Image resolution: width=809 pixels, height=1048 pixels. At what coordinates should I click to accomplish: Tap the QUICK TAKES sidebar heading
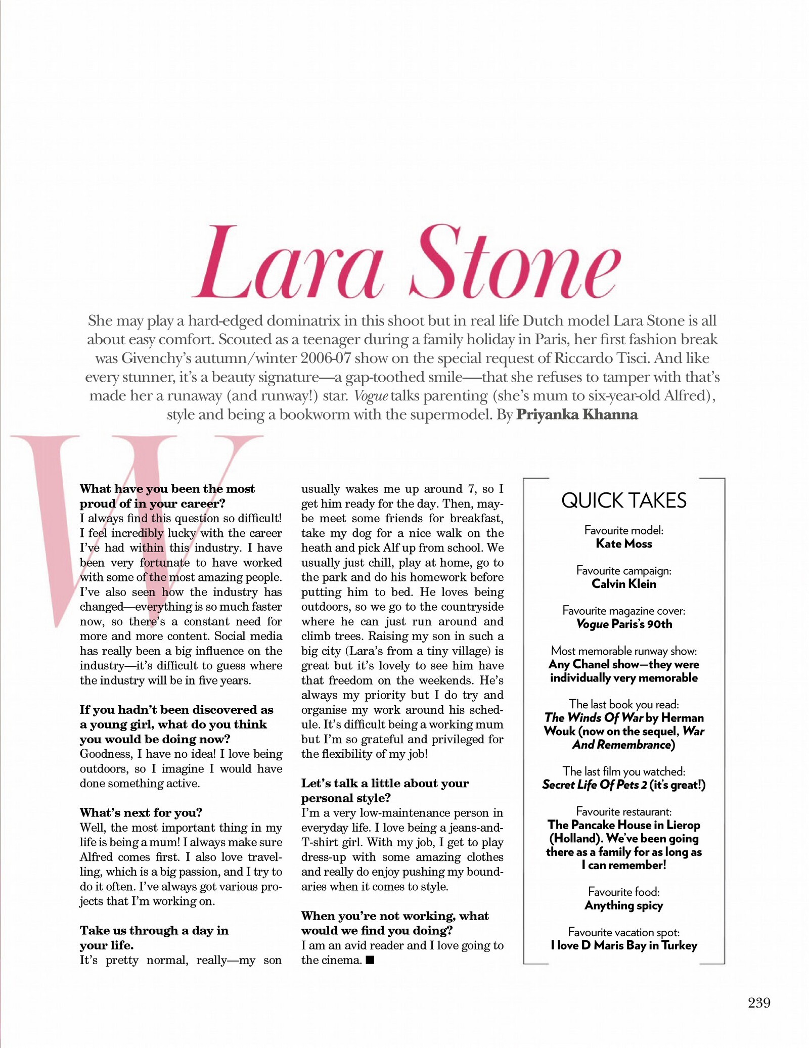[x=623, y=500]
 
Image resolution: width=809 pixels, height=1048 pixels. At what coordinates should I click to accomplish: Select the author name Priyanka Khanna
[x=576, y=415]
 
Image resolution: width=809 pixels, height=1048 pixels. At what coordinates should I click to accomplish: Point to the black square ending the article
[x=370, y=960]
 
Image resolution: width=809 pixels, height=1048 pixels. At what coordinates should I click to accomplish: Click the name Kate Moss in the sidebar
[x=623, y=544]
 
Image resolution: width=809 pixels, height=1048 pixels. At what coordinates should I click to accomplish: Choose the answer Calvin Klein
[x=623, y=584]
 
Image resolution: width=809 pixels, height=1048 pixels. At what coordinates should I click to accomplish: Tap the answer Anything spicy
[x=623, y=905]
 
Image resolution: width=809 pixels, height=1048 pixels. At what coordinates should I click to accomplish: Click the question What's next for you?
[x=141, y=812]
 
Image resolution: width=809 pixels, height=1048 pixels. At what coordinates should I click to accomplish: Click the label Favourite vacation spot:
[x=623, y=932]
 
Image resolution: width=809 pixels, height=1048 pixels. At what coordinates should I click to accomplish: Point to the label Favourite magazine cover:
[x=623, y=611]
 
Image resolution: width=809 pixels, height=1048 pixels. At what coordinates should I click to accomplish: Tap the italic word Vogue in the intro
[x=371, y=396]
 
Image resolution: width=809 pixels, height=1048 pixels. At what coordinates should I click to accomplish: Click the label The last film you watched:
[x=623, y=771]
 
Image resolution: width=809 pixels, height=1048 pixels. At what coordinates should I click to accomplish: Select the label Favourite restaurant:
[x=623, y=812]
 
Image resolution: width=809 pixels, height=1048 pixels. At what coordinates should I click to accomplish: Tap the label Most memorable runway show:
[x=623, y=651]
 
